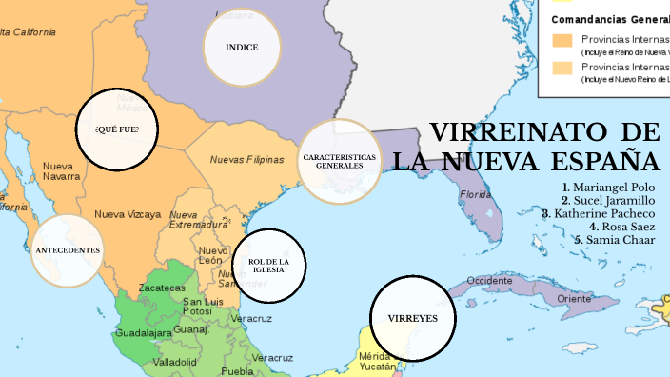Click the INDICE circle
[x=242, y=47]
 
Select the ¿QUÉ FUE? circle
[x=116, y=129]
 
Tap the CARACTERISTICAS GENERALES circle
[x=340, y=161]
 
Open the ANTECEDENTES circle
[x=67, y=250]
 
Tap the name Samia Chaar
[x=620, y=240]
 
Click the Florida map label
[x=476, y=194]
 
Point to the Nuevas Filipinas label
[x=246, y=160]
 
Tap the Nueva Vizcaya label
[x=128, y=214]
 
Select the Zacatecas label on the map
[x=162, y=288]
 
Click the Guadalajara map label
[x=143, y=333]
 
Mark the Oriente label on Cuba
[x=574, y=298]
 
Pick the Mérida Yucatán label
[x=376, y=361]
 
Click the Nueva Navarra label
[x=61, y=170]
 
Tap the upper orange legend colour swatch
[x=562, y=40]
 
